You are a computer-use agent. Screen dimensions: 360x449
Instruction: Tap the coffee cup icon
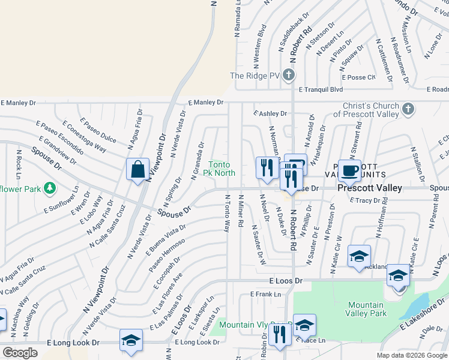(x=349, y=170)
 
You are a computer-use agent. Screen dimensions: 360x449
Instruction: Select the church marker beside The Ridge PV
(x=289, y=76)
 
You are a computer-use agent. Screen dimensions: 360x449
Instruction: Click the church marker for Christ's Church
(x=408, y=109)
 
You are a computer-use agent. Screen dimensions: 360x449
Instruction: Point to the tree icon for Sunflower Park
(x=50, y=189)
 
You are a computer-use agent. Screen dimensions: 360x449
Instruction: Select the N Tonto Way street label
(x=228, y=214)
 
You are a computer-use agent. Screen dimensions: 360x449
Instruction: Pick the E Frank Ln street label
(x=265, y=294)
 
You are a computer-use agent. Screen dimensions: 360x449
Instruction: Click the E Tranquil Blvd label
(x=316, y=89)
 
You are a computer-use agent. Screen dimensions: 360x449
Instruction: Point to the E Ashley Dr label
(x=270, y=113)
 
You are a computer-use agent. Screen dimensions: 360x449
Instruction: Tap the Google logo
(x=20, y=353)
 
